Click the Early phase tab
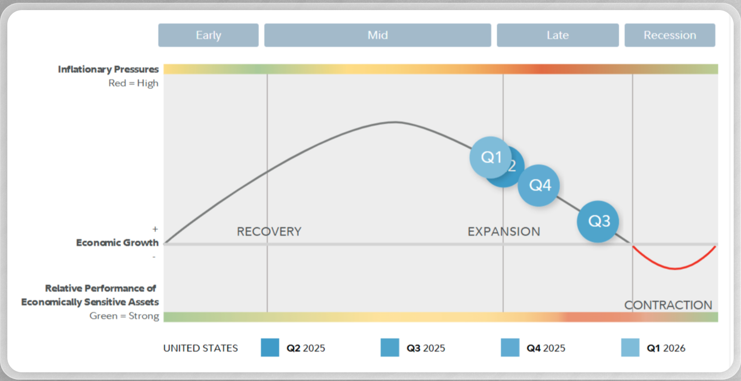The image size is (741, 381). pyautogui.click(x=208, y=35)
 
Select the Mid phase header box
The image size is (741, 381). pyautogui.click(x=378, y=35)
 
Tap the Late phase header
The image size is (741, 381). pyautogui.click(x=558, y=35)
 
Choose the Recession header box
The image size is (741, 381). pyautogui.click(x=670, y=35)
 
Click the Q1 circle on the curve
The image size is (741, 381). pyautogui.click(x=490, y=157)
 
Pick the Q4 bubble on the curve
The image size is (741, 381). pyautogui.click(x=539, y=186)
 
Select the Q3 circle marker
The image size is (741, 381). pyautogui.click(x=598, y=221)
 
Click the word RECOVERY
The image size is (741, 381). pyautogui.click(x=269, y=232)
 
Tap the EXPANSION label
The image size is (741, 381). pyautogui.click(x=504, y=232)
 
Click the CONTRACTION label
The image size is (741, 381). pyautogui.click(x=668, y=305)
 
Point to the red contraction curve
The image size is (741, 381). pyautogui.click(x=675, y=268)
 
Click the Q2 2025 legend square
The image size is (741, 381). pyautogui.click(x=270, y=348)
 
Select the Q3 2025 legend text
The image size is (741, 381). pyautogui.click(x=426, y=348)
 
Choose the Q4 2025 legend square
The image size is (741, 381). pyautogui.click(x=510, y=348)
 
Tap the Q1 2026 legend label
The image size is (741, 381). pyautogui.click(x=666, y=348)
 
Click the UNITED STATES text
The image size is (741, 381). pyautogui.click(x=200, y=348)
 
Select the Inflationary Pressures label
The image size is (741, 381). pyautogui.click(x=109, y=69)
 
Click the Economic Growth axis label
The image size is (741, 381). pyautogui.click(x=117, y=243)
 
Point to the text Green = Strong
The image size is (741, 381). pyautogui.click(x=124, y=316)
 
